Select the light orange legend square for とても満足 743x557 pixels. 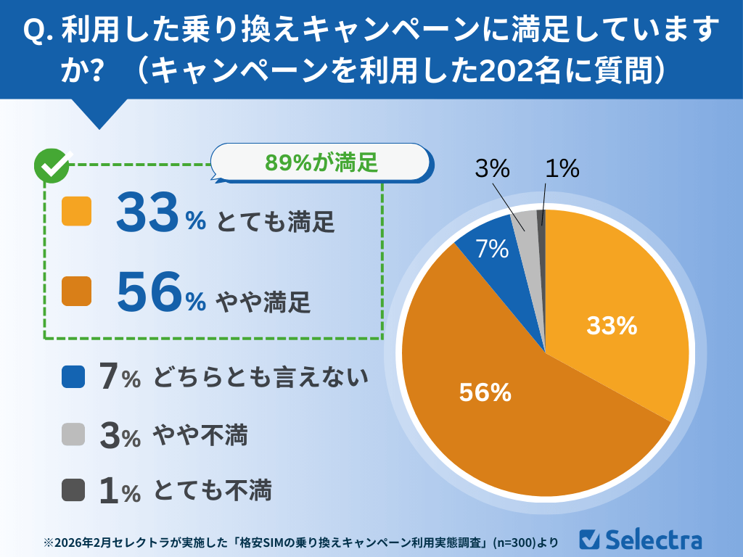click(x=77, y=211)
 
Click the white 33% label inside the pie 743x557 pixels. click(x=612, y=327)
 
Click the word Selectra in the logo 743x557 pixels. click(x=653, y=540)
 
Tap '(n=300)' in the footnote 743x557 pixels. click(x=515, y=542)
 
